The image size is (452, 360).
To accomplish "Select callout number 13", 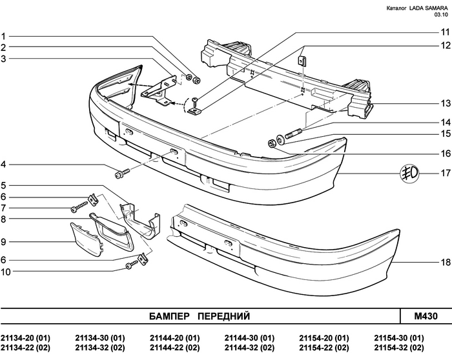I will pos(445,103).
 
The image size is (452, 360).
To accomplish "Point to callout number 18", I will pos(445,263).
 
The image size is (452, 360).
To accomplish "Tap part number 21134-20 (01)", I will pos(26,338).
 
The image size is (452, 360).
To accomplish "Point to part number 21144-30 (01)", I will pos(251,338).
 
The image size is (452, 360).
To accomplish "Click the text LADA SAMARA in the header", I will pos(427,8).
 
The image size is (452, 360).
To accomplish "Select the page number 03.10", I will pos(439,15).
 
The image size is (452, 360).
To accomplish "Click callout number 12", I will pos(445,46).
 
